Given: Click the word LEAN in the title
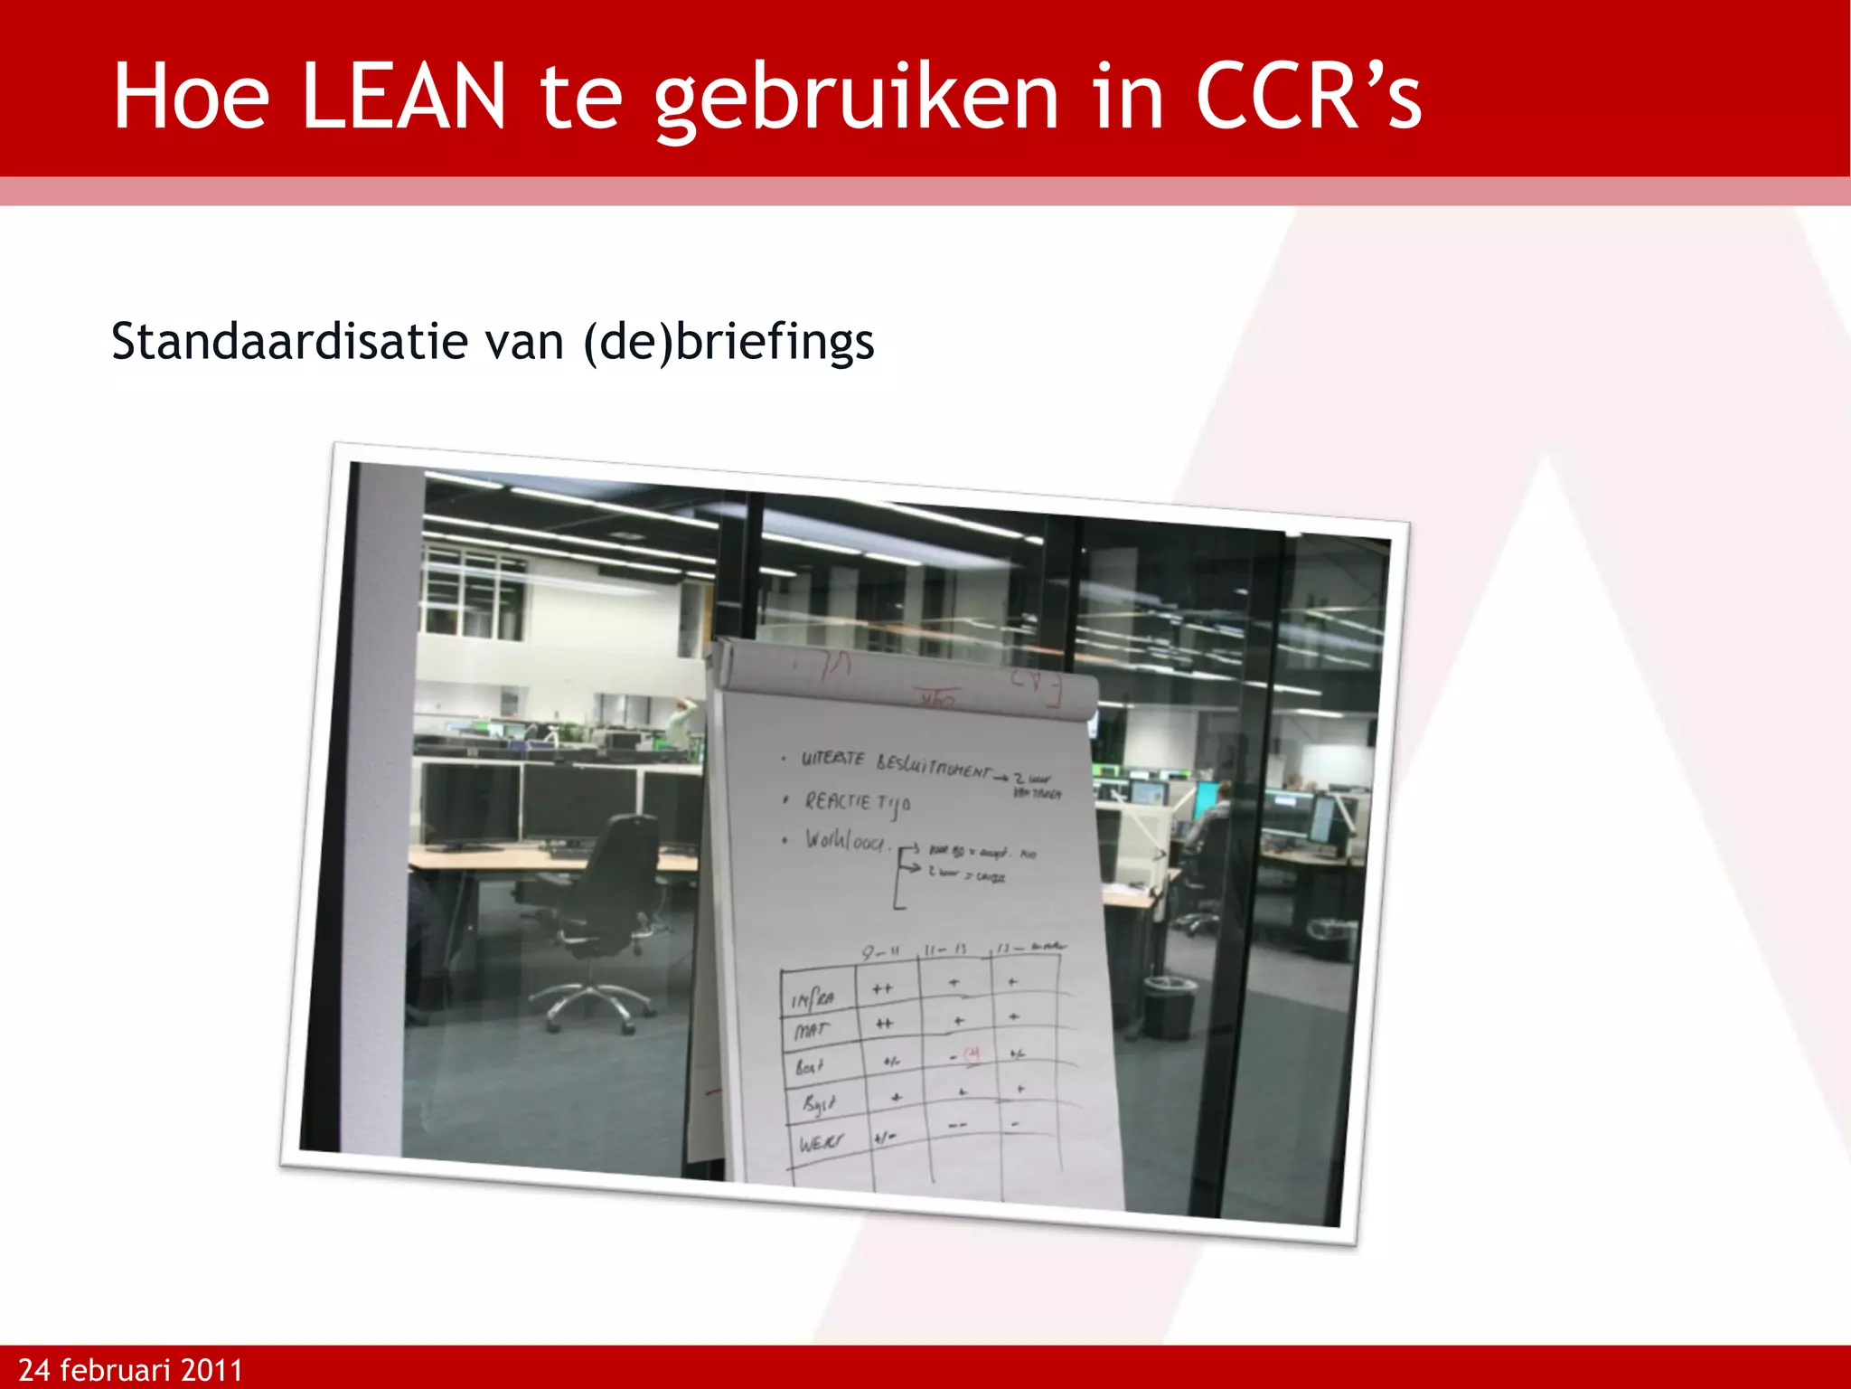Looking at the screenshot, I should point(402,97).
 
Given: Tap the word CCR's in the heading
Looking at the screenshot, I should point(1308,97).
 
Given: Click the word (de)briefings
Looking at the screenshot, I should point(728,342).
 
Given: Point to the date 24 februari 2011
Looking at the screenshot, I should point(131,1369).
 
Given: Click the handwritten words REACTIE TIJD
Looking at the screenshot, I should point(857,802).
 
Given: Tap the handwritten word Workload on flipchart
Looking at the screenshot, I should point(845,841).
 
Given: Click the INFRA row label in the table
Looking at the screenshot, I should point(813,998).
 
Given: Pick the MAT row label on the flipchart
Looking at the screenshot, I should point(811,1030).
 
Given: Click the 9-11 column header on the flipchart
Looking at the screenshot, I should point(880,952).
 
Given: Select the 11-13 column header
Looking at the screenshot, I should point(945,950).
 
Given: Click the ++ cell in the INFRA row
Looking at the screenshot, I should point(882,989).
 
